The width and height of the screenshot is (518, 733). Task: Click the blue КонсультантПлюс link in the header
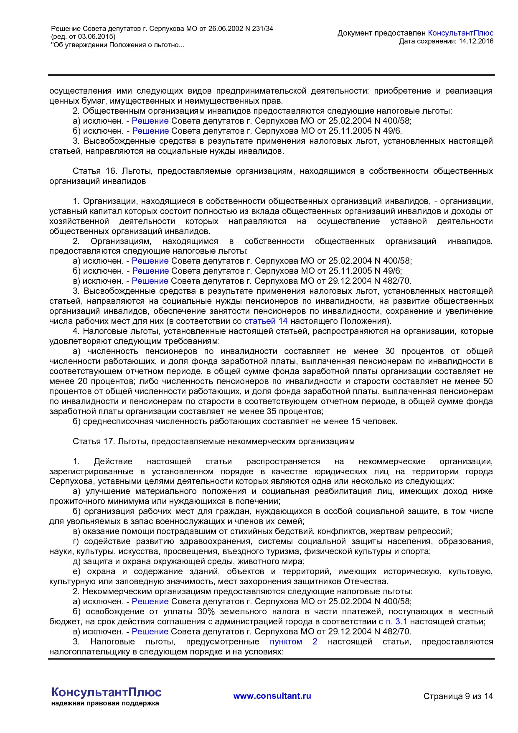coord(461,33)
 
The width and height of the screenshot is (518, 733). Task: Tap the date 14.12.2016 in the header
coord(476,41)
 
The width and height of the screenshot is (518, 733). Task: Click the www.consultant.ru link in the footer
coord(272,696)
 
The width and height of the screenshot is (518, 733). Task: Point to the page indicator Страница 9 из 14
coord(458,696)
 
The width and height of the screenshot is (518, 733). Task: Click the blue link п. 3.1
coord(396,621)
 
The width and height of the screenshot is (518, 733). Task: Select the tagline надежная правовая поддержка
coord(105,703)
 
